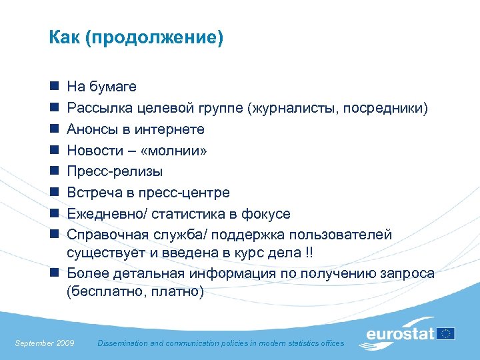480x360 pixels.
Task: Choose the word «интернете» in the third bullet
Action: tap(171, 129)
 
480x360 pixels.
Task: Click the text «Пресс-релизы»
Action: tap(115, 172)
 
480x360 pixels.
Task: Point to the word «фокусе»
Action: tap(267, 214)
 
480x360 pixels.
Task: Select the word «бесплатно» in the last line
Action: tap(107, 292)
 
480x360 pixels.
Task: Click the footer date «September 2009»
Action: tap(45, 343)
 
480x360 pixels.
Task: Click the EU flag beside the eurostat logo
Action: tap(446, 333)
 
